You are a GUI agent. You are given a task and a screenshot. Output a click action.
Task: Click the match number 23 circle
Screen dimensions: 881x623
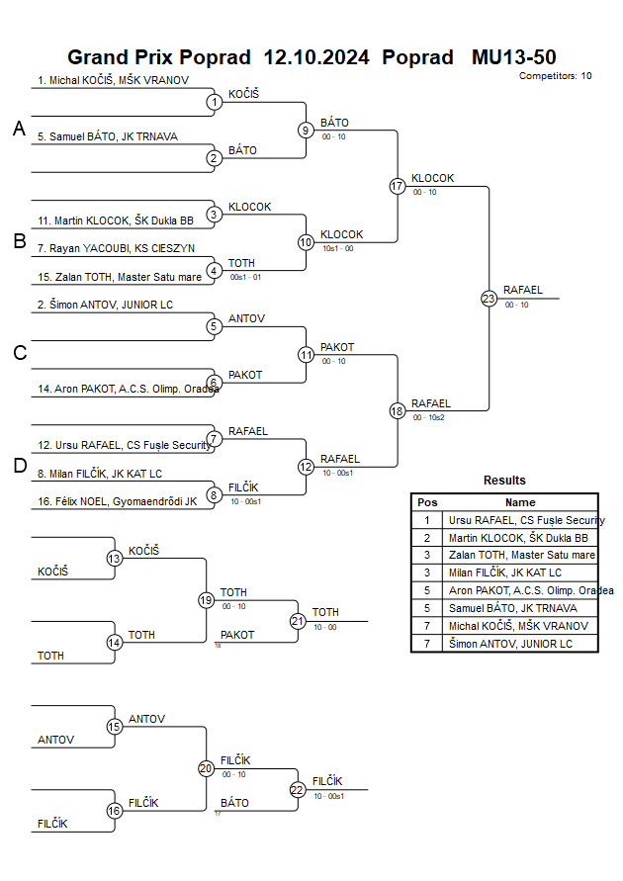[x=489, y=298]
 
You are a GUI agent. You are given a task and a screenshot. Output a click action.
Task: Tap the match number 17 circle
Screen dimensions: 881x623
[x=398, y=186]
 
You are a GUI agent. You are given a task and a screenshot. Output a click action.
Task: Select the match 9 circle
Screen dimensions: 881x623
[x=306, y=130]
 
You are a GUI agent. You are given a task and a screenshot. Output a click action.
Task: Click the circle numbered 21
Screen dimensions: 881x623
[x=298, y=621]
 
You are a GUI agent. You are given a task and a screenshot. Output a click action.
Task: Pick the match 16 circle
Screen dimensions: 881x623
[x=115, y=811]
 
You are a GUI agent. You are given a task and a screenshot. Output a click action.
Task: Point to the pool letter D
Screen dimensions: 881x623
[x=19, y=466]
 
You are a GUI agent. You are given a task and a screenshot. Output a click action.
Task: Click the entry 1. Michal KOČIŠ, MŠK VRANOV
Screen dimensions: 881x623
[x=113, y=80]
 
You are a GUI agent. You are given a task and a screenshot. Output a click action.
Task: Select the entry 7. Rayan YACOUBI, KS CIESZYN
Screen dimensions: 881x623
[x=116, y=247]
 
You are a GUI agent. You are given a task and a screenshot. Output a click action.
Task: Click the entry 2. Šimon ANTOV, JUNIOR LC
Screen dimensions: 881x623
[x=105, y=305]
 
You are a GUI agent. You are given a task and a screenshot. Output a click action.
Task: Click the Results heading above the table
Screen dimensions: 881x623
[x=504, y=481]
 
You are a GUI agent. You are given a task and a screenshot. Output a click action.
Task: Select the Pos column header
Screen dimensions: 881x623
[x=427, y=502]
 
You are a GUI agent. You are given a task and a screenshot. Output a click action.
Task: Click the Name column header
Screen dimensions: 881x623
[x=520, y=502]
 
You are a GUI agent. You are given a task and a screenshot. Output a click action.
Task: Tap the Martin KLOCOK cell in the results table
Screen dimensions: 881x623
[x=518, y=538]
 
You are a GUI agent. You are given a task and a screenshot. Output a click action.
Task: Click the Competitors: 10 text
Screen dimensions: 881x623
[x=555, y=76]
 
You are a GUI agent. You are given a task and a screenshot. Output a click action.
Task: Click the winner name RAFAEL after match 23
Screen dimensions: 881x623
[x=523, y=290]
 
